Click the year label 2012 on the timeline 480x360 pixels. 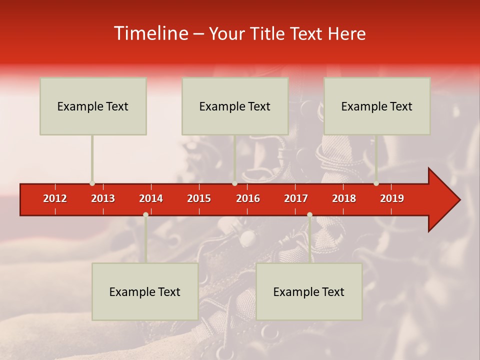click(x=55, y=198)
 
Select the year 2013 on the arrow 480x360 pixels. click(x=103, y=198)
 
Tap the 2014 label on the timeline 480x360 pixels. click(x=151, y=198)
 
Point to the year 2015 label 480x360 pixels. click(x=199, y=198)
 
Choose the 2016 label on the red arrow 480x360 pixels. click(x=248, y=198)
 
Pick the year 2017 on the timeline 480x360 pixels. click(x=296, y=198)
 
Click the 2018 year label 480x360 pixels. click(x=344, y=198)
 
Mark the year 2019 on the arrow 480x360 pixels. click(x=392, y=198)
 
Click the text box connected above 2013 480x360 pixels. click(x=93, y=106)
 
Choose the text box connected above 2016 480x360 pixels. click(x=235, y=106)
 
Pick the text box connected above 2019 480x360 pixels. click(x=377, y=106)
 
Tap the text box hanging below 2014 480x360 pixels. click(x=145, y=291)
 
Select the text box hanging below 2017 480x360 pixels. click(x=309, y=291)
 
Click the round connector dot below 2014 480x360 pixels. click(x=145, y=215)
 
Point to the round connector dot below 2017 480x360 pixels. click(x=309, y=215)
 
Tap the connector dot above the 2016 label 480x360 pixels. click(x=234, y=183)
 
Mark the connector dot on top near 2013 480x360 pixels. click(x=92, y=183)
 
